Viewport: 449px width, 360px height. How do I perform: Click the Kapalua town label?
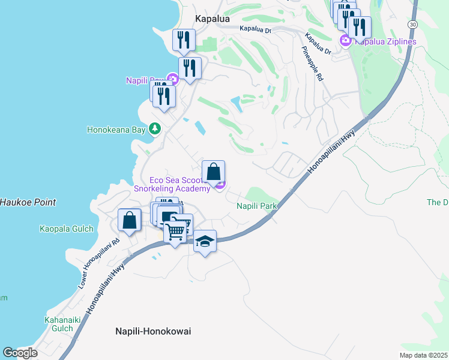(x=210, y=19)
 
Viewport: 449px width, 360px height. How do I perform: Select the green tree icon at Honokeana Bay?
(x=155, y=128)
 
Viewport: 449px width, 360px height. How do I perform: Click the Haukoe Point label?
(x=28, y=202)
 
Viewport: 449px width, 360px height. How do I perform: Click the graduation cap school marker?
(x=205, y=241)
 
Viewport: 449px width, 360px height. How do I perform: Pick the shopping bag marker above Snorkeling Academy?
(x=213, y=172)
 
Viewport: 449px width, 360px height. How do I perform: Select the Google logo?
(x=20, y=352)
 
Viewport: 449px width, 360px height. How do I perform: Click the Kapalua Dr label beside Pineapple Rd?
(x=319, y=44)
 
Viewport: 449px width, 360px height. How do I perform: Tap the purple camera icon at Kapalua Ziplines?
(x=345, y=41)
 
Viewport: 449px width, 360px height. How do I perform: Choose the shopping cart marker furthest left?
(x=175, y=231)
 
